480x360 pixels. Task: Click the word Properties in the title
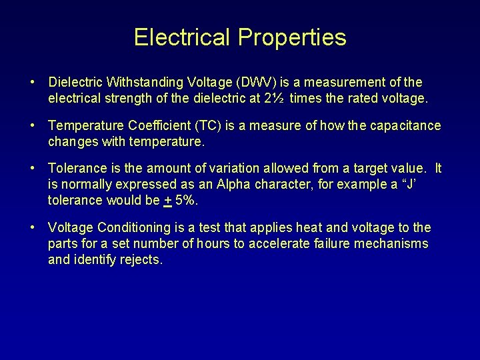coord(290,37)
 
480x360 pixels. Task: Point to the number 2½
coord(277,99)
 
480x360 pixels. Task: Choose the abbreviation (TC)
coord(212,126)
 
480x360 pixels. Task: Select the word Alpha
coord(241,185)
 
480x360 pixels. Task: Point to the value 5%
coord(187,201)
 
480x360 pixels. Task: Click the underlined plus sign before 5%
coord(168,201)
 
